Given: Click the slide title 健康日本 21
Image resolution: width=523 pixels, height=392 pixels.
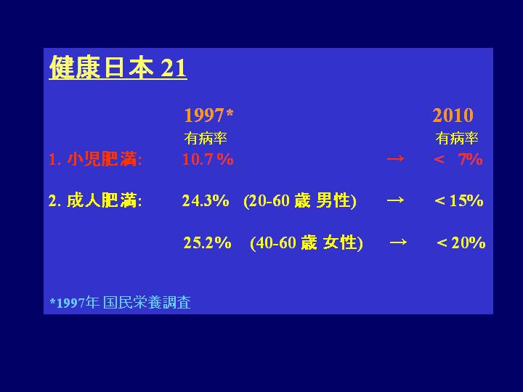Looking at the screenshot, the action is click(x=118, y=68).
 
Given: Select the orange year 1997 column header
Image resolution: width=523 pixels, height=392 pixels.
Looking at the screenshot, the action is click(x=204, y=115).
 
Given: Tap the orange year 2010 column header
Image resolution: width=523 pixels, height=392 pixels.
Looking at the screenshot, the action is click(x=453, y=115).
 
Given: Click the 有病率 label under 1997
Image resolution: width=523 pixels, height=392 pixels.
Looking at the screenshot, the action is click(x=206, y=139).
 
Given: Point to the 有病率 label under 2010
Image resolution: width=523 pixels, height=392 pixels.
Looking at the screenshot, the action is click(x=457, y=139).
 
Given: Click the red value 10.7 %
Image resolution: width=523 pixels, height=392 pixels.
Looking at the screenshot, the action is click(x=208, y=159).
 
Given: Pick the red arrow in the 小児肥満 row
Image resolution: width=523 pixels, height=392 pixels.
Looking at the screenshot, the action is click(x=395, y=159).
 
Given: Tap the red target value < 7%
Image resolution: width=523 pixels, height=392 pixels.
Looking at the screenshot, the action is click(x=458, y=159).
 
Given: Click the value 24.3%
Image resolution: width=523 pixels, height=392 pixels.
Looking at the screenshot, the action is click(x=206, y=200).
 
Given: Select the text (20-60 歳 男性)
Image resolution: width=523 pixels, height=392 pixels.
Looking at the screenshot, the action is click(x=300, y=200).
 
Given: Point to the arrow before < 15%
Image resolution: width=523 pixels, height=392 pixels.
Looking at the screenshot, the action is click(x=395, y=200).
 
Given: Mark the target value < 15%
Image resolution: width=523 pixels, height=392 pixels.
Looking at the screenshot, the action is click(x=459, y=200).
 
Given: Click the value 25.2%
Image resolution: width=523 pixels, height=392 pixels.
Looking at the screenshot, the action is click(x=207, y=242).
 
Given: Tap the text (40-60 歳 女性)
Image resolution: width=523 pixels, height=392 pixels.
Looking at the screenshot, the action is click(x=307, y=242).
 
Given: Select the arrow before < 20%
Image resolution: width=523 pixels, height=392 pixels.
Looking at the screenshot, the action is click(x=398, y=242).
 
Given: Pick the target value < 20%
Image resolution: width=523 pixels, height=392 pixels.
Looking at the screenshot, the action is click(x=461, y=242).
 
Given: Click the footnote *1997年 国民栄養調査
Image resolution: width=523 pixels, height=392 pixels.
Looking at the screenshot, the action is click(x=120, y=302).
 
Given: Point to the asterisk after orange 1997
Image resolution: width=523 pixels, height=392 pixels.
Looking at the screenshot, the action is click(x=230, y=113).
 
